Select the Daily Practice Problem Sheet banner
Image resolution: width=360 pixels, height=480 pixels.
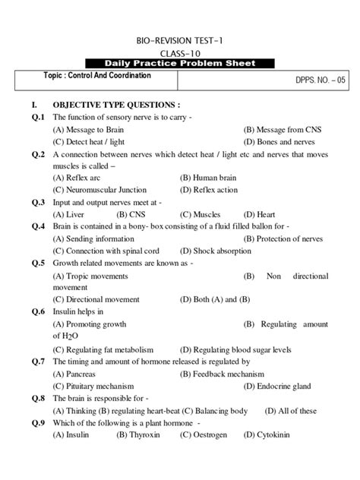pos(179,63)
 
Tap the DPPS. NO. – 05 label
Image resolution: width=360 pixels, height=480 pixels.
pos(317,79)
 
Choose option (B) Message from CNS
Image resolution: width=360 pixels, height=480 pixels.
pos(282,130)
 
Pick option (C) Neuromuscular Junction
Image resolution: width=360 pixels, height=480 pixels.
pos(99,190)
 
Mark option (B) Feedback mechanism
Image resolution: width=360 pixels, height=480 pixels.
pos(222,374)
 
